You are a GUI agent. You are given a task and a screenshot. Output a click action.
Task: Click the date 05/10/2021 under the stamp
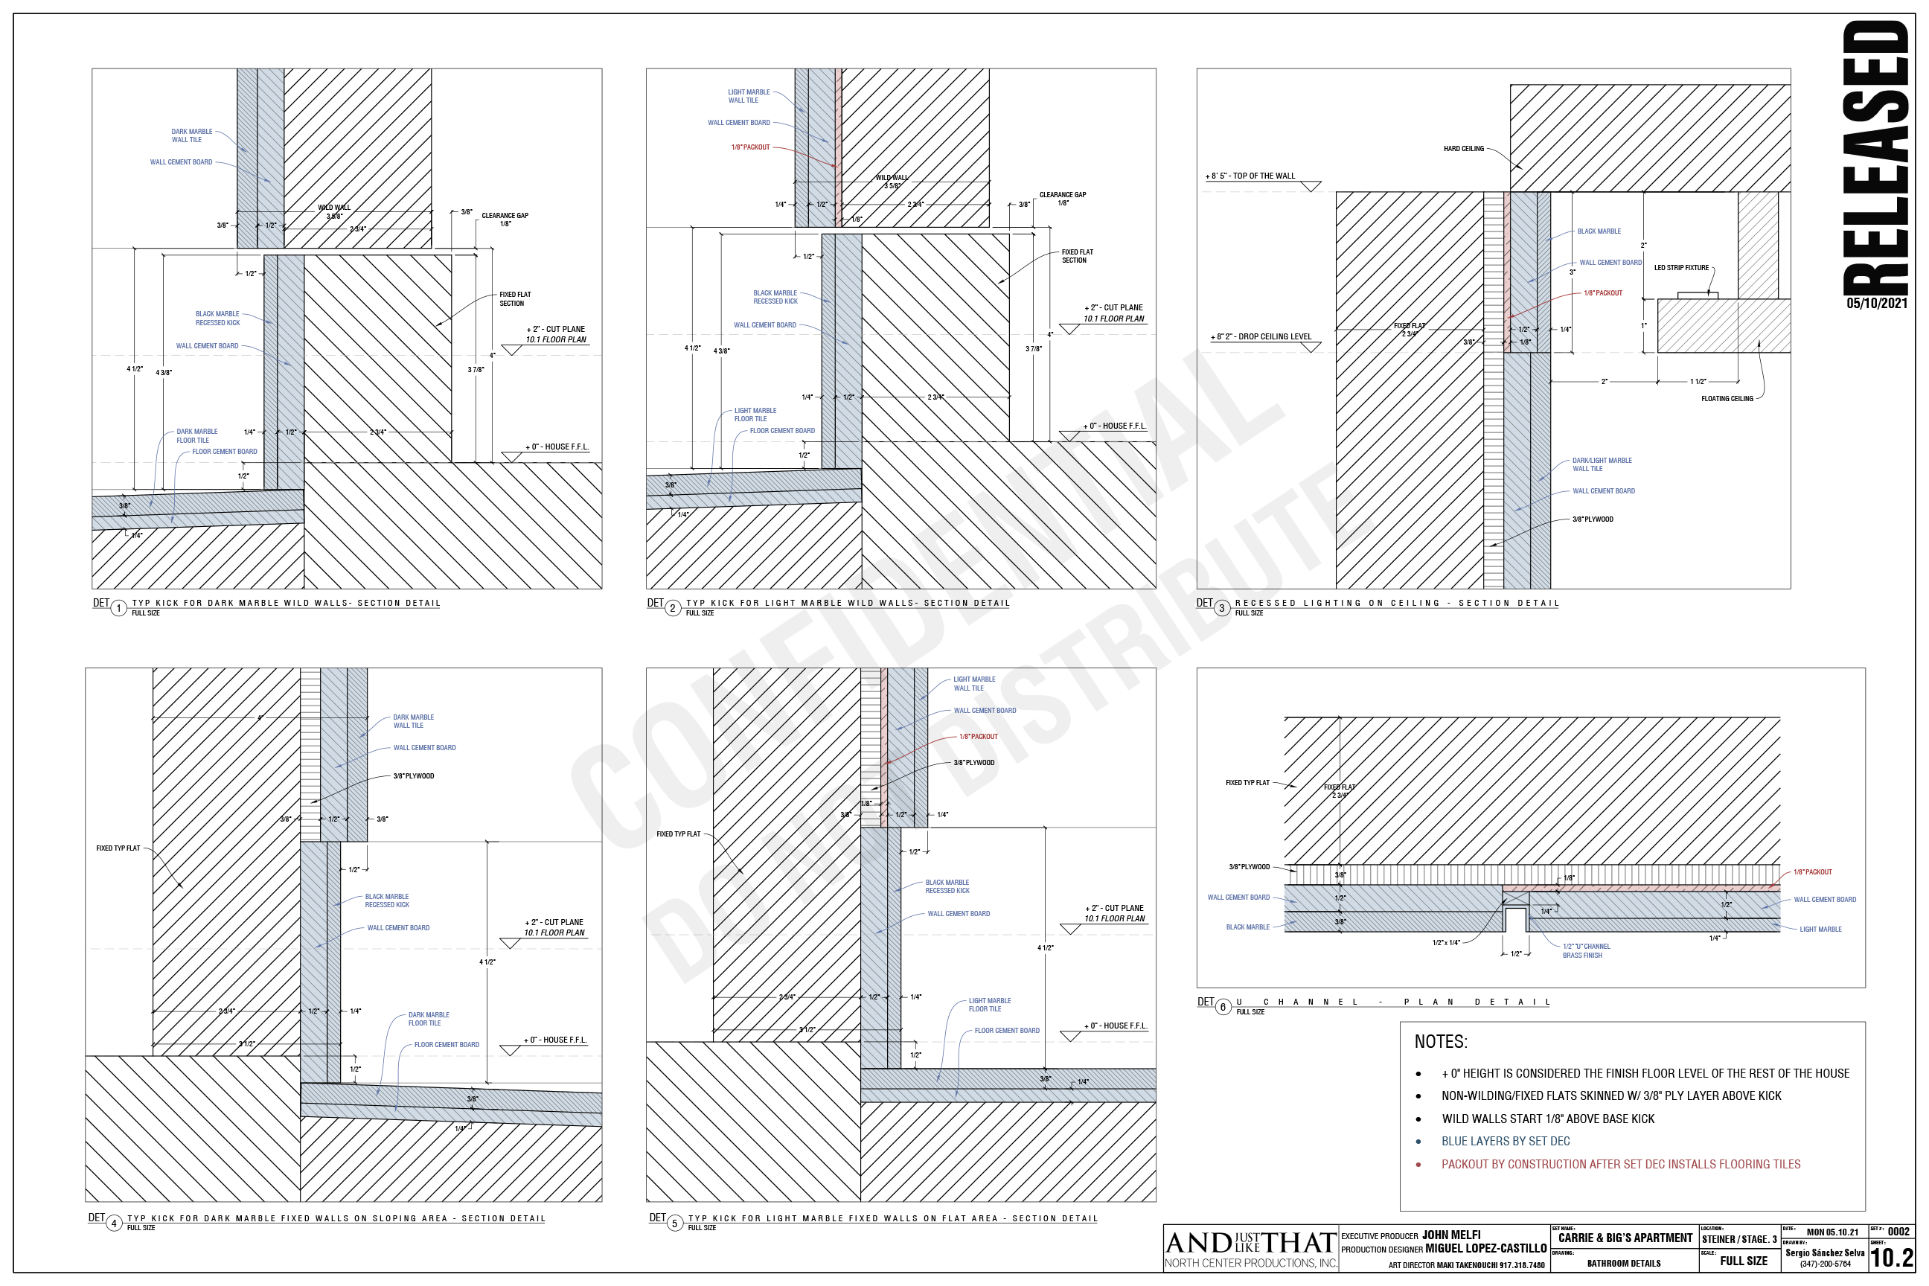(1876, 304)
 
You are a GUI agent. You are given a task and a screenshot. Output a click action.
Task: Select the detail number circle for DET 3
(1222, 608)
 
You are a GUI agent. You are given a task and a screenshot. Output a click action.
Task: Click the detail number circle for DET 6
(1223, 1006)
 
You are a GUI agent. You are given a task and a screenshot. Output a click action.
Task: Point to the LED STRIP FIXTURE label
(1680, 268)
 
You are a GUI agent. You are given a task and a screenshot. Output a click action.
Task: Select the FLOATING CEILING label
(1727, 399)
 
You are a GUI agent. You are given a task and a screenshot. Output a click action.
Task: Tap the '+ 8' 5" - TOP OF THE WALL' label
(1250, 176)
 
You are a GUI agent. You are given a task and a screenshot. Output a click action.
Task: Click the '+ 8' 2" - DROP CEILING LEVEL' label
(1261, 336)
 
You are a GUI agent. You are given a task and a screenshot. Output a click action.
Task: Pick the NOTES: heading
(1440, 1042)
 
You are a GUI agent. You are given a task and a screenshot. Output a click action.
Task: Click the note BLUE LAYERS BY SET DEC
(1505, 1141)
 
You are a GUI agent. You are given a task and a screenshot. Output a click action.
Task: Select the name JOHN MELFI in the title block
(1451, 1235)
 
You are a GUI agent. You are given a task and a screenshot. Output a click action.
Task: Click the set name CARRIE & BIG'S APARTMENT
(1625, 1238)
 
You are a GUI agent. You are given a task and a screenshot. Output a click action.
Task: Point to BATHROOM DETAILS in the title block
(1623, 1263)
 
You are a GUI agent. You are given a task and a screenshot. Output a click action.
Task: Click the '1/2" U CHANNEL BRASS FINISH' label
(1585, 950)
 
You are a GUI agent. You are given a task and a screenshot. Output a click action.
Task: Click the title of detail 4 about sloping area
(336, 1218)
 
